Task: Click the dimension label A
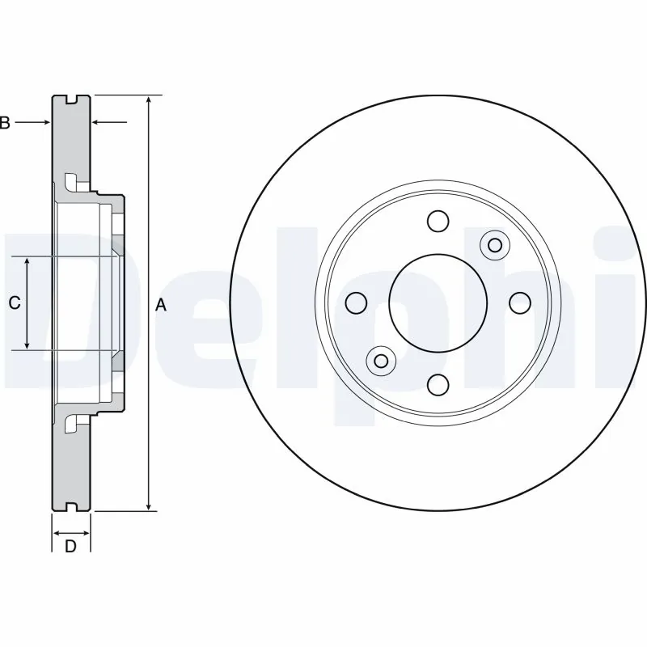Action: click(160, 305)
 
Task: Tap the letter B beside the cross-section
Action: click(5, 123)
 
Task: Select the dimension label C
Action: click(14, 303)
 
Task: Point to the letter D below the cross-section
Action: click(70, 547)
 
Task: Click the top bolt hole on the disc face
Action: click(438, 221)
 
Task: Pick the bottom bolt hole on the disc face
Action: click(438, 384)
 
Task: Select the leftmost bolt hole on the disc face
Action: click(355, 302)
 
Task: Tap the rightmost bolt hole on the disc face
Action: click(519, 302)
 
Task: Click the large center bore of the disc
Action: click(438, 302)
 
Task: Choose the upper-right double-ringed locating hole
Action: click(494, 244)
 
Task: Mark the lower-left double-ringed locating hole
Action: click(380, 359)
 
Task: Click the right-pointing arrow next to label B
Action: click(33, 122)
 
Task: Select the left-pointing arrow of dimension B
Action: click(109, 122)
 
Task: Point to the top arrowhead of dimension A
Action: click(149, 101)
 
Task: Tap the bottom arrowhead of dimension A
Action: click(149, 505)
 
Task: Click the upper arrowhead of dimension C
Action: click(27, 264)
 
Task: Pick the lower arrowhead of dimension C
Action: click(27, 344)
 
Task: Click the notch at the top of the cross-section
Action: click(71, 99)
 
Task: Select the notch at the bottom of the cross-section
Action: click(71, 508)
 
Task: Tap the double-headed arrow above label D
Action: click(71, 532)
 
